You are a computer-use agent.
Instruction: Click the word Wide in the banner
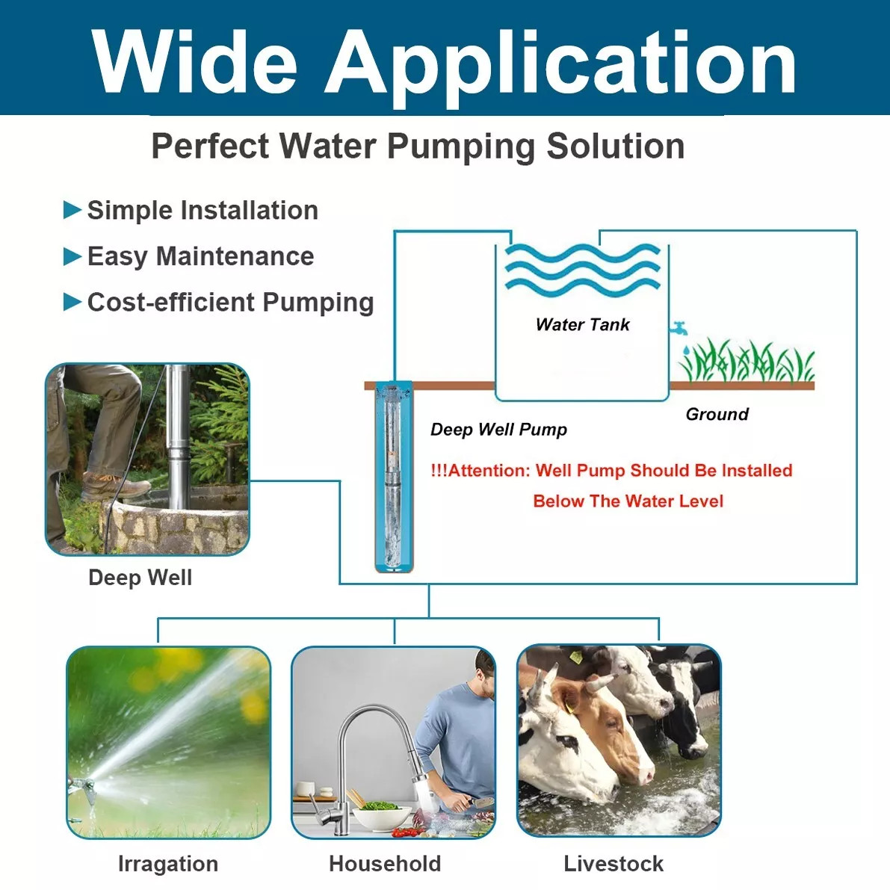point(195,63)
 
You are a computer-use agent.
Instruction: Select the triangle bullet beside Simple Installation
point(72,210)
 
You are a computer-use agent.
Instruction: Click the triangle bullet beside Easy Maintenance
point(72,256)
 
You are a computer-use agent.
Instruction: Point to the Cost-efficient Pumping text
point(230,302)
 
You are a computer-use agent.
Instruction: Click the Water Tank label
point(582,324)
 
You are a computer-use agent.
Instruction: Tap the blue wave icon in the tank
point(582,269)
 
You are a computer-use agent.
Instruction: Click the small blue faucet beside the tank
point(679,327)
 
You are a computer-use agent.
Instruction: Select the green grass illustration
point(746,361)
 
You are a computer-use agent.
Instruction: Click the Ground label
point(717,414)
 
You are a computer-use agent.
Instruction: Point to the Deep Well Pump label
point(498,430)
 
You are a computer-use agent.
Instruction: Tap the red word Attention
point(489,471)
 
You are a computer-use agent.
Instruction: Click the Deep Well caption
point(140,578)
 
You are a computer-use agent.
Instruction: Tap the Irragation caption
point(168,864)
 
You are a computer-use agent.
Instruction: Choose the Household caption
point(385,864)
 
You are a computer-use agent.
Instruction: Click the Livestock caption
point(614,864)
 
